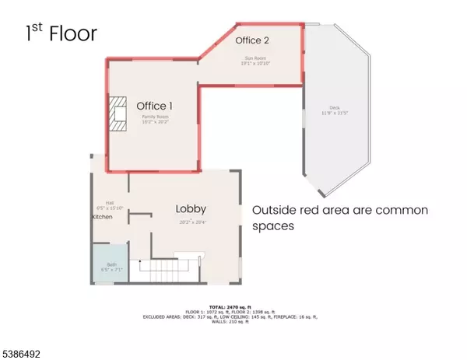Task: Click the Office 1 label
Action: coord(155,106)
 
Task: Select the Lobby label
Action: coord(190,208)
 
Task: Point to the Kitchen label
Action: coord(103,216)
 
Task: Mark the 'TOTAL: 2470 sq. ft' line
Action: coord(233,308)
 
